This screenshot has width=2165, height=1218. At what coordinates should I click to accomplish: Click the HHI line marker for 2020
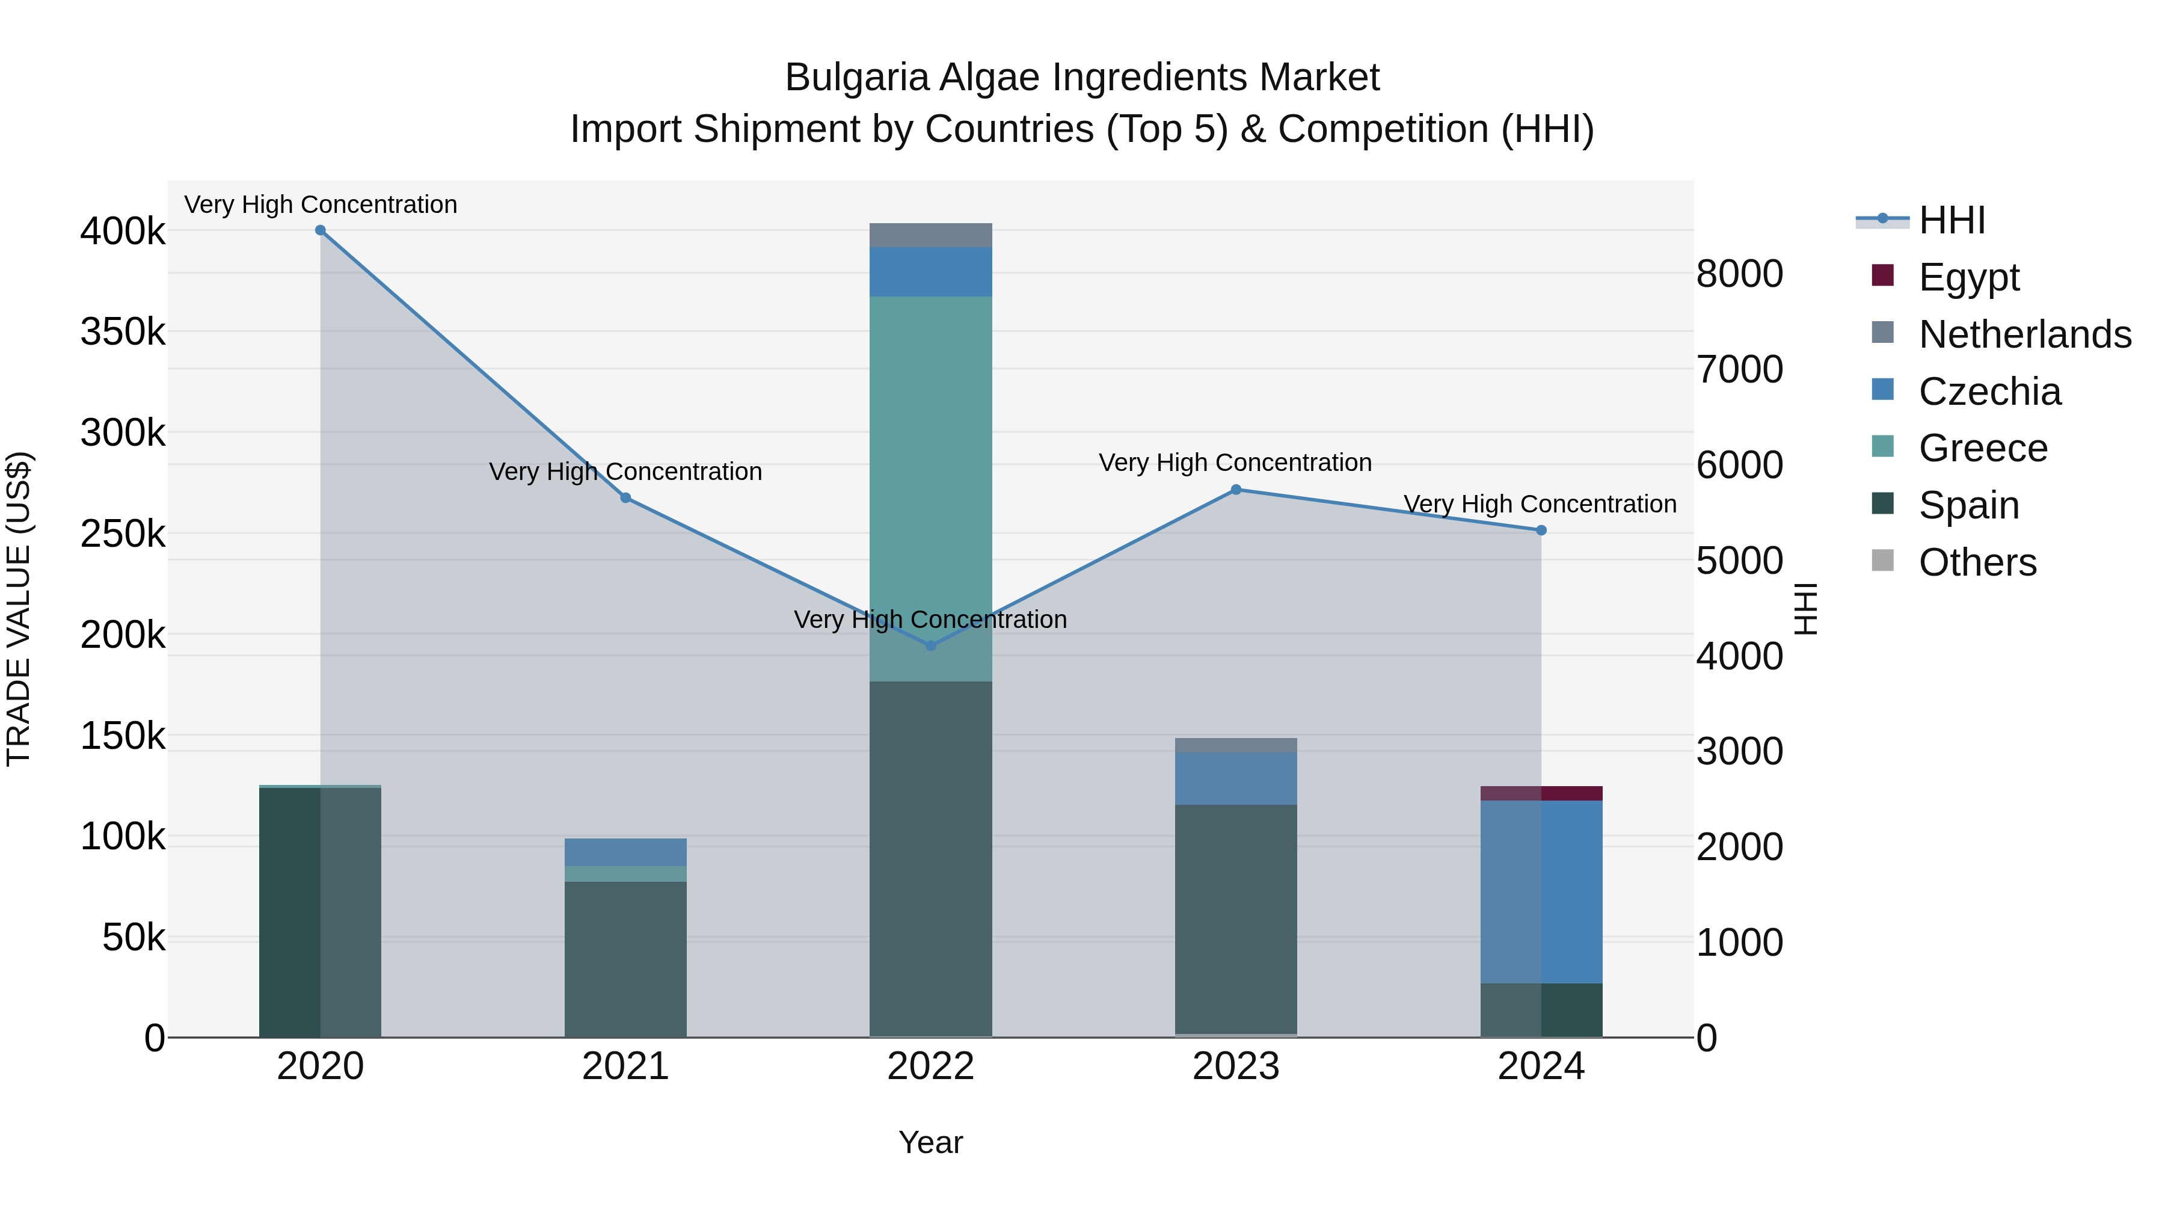coord(320,230)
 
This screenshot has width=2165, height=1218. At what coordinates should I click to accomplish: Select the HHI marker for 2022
coord(930,645)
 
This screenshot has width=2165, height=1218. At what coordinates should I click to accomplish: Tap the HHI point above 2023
coord(1235,489)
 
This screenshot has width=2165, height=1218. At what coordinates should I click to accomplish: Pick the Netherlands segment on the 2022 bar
coord(930,235)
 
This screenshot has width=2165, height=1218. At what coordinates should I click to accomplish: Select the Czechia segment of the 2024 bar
coord(1541,891)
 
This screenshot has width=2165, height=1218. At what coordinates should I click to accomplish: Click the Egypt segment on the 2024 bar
coord(1541,793)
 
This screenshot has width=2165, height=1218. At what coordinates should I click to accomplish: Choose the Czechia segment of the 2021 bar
coord(625,852)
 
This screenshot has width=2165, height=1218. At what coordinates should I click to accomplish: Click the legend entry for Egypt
coord(1968,277)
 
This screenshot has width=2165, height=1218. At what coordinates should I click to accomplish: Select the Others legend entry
coord(1977,562)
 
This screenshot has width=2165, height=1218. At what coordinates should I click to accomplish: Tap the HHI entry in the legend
coord(1952,220)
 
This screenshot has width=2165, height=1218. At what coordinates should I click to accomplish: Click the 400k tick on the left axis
coord(123,231)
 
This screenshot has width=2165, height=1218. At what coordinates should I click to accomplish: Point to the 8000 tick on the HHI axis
coord(1739,274)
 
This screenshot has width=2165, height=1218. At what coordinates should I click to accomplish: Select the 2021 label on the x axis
coord(625,1066)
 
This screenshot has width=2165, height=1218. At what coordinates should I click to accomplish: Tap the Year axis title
coord(930,1142)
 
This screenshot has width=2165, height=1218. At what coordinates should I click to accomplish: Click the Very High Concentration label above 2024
coord(1540,505)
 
